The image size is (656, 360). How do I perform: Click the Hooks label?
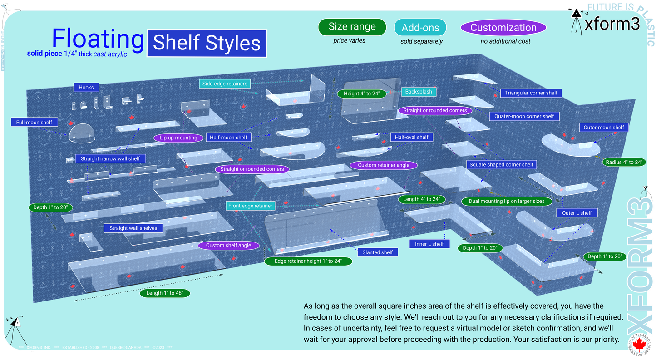click(x=86, y=88)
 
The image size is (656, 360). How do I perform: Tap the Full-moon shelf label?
click(x=34, y=123)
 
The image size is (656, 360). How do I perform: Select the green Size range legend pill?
click(x=352, y=27)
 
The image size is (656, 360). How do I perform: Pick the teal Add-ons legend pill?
click(x=420, y=27)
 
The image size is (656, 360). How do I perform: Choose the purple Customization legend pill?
click(x=503, y=27)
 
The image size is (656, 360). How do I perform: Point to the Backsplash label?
click(x=419, y=92)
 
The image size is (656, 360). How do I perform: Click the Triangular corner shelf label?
click(x=531, y=93)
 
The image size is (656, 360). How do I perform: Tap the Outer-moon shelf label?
click(x=604, y=128)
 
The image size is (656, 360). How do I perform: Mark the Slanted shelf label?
click(x=377, y=252)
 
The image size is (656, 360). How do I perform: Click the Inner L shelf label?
click(x=429, y=244)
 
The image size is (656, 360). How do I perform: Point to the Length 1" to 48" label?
click(x=165, y=293)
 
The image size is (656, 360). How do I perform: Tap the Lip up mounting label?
click(x=178, y=138)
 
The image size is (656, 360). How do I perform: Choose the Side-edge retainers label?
click(x=225, y=84)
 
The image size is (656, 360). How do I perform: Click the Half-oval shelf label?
click(x=411, y=137)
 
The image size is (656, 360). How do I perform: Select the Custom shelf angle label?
click(x=228, y=246)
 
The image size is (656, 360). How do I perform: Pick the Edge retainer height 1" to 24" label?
click(x=308, y=261)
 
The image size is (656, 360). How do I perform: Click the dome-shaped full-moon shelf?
click(x=82, y=131)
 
